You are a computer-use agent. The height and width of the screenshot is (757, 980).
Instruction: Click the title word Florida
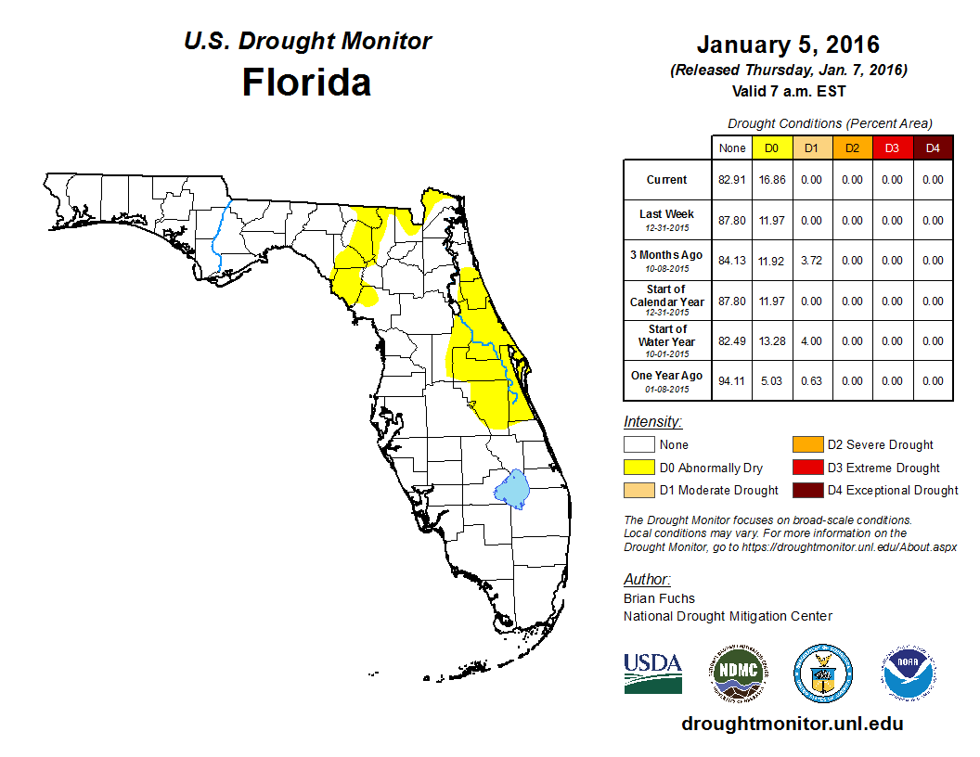click(x=306, y=83)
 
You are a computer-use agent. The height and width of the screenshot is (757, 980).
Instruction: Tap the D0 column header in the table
click(x=771, y=148)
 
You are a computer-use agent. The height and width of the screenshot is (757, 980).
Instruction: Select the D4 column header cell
click(x=933, y=148)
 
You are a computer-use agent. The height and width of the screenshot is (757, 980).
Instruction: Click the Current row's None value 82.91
click(x=732, y=180)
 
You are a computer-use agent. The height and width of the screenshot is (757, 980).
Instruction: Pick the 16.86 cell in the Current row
click(x=771, y=180)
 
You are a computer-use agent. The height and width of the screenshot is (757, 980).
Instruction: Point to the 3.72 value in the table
click(x=811, y=261)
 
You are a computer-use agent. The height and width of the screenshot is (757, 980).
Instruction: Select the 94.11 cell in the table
click(x=732, y=381)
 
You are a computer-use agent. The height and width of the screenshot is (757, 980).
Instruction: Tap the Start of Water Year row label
click(x=666, y=340)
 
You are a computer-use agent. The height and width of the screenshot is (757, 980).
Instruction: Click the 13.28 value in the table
click(x=771, y=341)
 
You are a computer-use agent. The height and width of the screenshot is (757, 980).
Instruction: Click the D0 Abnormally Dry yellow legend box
click(x=639, y=468)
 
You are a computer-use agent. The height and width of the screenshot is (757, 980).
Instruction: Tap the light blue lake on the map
click(x=510, y=486)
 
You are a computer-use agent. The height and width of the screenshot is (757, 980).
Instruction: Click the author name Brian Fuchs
click(x=659, y=598)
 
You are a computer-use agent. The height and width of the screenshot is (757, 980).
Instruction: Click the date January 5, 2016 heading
click(x=788, y=45)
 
